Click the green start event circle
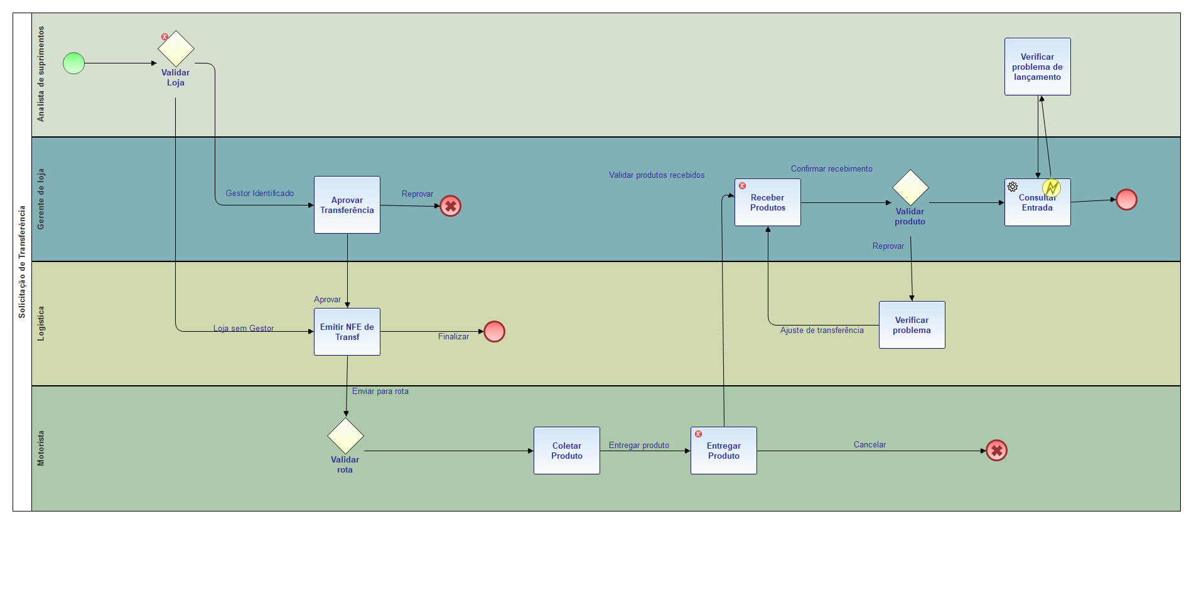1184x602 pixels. tap(73, 63)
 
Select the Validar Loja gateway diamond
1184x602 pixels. tap(176, 49)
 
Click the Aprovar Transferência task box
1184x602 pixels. tap(347, 205)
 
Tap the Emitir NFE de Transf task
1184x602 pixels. tap(347, 332)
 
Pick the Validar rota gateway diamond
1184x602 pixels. tap(345, 435)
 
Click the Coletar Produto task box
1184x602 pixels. tap(566, 451)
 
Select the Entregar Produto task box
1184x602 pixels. tap(723, 451)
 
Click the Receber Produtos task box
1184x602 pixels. tap(767, 202)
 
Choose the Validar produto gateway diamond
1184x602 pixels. tap(910, 187)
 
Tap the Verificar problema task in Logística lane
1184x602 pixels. tap(912, 325)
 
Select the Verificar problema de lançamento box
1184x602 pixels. tap(1037, 67)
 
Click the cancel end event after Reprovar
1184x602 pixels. tap(450, 206)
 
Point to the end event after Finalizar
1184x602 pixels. tap(494, 331)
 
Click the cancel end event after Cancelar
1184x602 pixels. tap(996, 451)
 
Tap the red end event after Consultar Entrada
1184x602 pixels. tap(1126, 200)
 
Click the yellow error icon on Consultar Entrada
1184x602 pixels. tap(1052, 188)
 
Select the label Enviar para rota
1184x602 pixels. tap(380, 391)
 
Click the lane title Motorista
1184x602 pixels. tap(41, 448)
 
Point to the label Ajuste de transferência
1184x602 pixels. tap(822, 331)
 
